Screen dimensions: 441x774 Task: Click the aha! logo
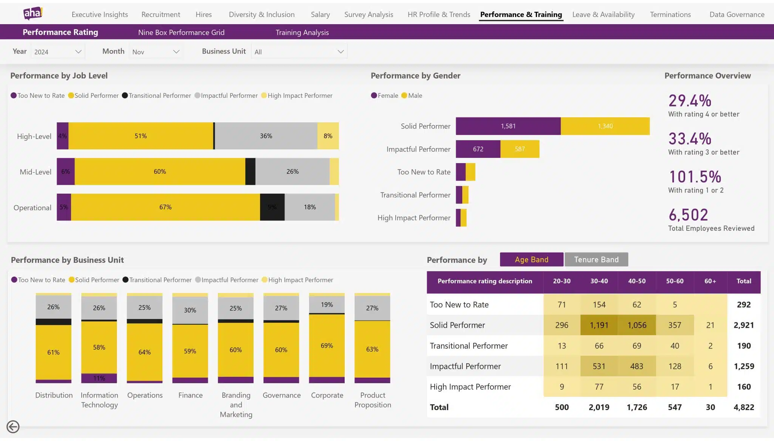click(33, 14)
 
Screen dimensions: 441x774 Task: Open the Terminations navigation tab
click(670, 14)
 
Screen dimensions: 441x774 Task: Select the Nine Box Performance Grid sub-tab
click(181, 32)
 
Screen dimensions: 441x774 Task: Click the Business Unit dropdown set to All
click(299, 52)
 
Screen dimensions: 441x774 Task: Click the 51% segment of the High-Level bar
click(141, 136)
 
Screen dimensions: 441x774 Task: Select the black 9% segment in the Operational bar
click(272, 207)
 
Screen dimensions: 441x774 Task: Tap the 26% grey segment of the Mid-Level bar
click(292, 171)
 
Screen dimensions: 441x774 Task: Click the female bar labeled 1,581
click(508, 126)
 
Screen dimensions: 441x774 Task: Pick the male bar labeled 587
click(520, 149)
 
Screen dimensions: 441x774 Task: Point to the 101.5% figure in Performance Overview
click(695, 177)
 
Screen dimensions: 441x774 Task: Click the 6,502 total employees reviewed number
click(688, 215)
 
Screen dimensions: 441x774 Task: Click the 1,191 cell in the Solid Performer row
click(599, 325)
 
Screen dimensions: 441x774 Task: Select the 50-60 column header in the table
click(674, 281)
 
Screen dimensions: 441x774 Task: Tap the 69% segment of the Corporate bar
click(327, 345)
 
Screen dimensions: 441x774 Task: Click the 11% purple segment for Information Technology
click(99, 378)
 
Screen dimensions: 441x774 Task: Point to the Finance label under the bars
click(190, 395)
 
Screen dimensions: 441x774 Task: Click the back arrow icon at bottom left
click(13, 427)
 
